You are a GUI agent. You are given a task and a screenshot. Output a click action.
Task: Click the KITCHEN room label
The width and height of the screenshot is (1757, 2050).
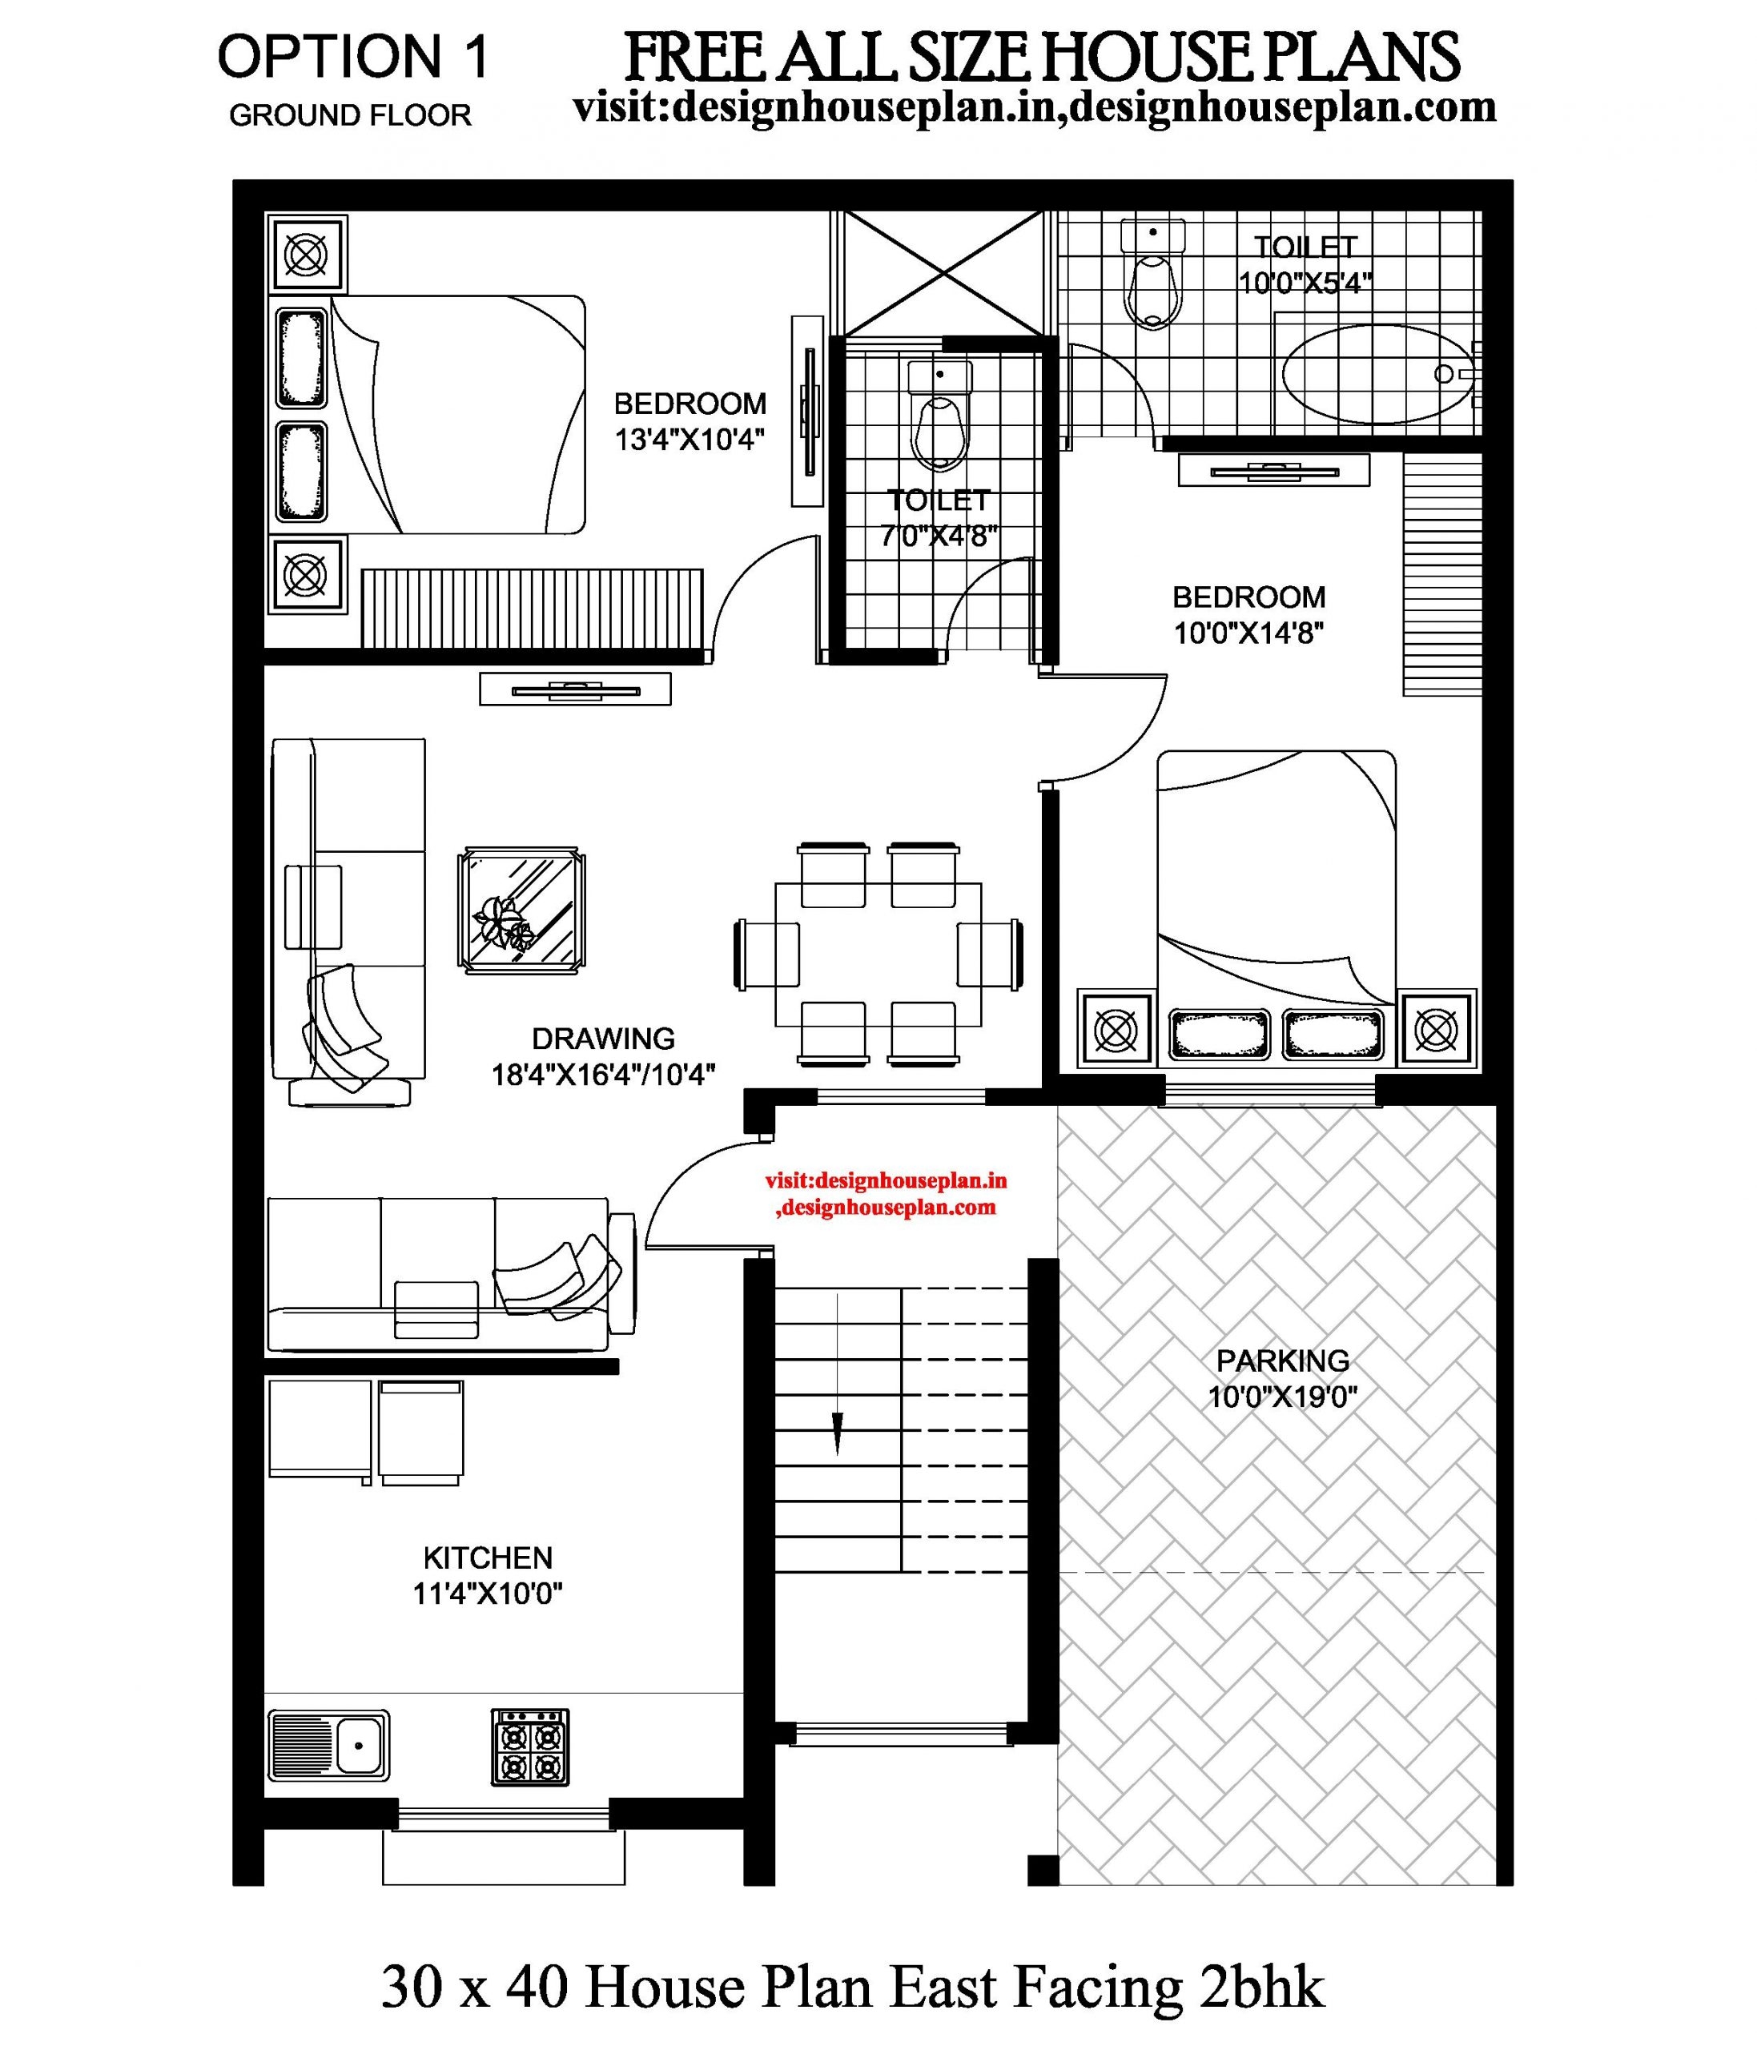[488, 1558]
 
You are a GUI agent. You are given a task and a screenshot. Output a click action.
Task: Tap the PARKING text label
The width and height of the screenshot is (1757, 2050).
[1282, 1361]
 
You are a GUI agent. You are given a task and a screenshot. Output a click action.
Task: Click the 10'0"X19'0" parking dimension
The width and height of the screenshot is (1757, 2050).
[1282, 1397]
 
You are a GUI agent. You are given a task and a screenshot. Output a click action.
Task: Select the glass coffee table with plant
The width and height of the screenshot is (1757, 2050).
[521, 910]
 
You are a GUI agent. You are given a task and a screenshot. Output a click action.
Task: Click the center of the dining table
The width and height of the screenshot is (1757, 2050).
[878, 954]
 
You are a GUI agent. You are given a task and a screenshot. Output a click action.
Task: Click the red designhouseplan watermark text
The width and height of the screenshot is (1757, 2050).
[886, 1193]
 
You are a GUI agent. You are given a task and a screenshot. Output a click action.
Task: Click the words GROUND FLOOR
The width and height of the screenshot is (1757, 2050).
[350, 116]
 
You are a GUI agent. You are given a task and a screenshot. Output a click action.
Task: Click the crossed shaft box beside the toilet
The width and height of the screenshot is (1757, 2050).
[938, 272]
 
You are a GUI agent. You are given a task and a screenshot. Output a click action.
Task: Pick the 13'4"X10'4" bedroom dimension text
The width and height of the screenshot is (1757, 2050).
[690, 440]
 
